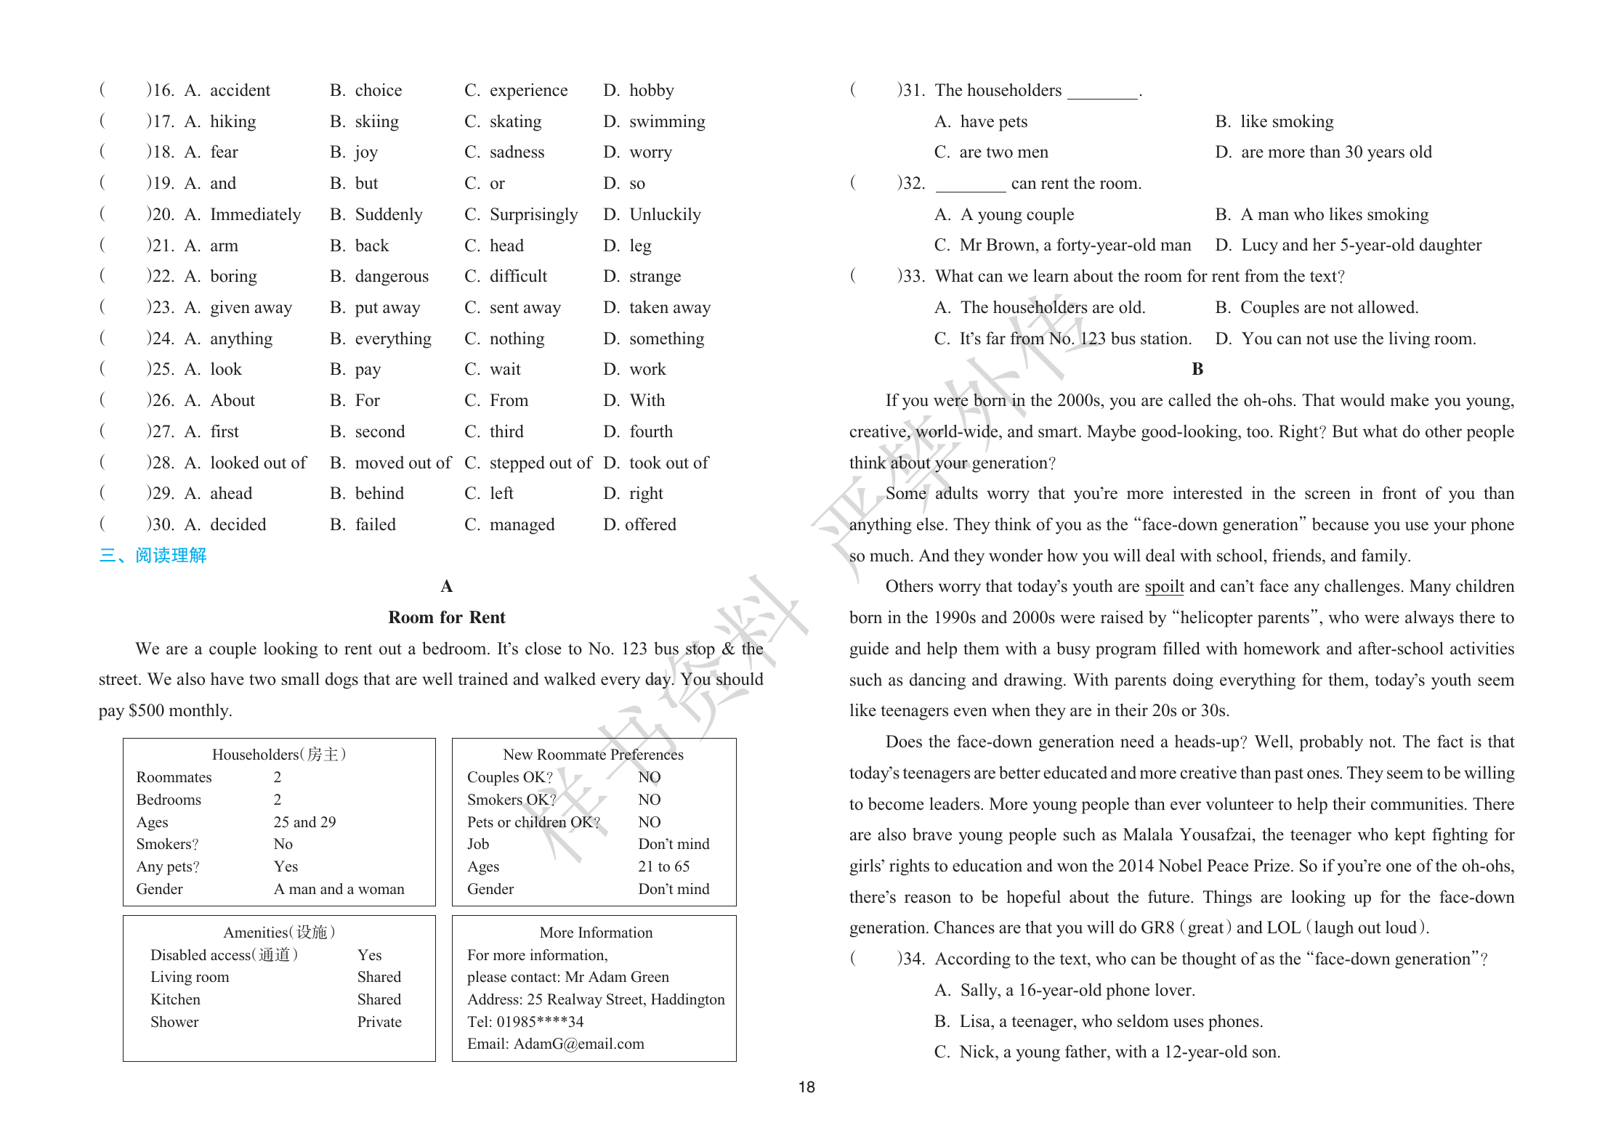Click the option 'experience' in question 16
528,90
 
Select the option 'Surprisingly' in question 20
533,214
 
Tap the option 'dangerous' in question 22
392,277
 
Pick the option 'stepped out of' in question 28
540,463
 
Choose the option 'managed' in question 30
522,524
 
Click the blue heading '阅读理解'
171,556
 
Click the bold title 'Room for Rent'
446,617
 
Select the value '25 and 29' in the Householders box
304,821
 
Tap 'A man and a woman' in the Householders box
339,889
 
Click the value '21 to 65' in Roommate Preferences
663,866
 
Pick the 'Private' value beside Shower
379,1022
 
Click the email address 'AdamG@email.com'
578,1044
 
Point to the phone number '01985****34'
540,1022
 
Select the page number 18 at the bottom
806,1087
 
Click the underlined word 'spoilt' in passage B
1164,587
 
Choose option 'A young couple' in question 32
1016,214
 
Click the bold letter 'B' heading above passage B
1197,369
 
